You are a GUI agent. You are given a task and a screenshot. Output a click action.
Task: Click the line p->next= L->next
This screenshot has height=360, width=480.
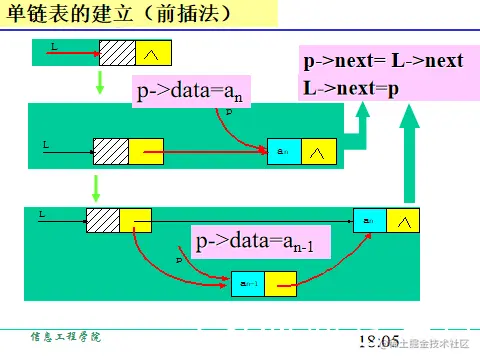pos(383,61)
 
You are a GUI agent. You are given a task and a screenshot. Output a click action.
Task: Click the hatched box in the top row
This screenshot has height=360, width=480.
pos(116,51)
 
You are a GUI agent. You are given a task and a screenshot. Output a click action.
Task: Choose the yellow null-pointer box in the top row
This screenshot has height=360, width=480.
pos(152,51)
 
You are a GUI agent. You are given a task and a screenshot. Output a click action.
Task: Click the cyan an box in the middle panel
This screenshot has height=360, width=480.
pos(283,151)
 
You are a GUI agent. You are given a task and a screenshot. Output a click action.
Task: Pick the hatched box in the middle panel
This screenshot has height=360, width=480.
pos(111,150)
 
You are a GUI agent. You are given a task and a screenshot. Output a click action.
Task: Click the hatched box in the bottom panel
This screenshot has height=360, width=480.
pos(103,220)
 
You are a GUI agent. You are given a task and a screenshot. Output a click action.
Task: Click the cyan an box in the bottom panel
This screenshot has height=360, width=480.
pos(369,219)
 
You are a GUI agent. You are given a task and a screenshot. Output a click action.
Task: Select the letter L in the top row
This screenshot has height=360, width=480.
pos(53,47)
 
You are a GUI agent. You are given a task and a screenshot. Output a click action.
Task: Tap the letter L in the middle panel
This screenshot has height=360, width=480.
pos(45,145)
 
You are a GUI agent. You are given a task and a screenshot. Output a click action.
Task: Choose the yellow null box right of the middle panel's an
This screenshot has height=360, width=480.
pos(318,151)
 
